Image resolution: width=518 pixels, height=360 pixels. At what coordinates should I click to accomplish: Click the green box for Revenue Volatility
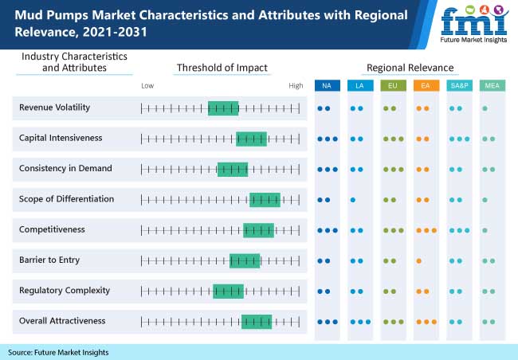tap(223, 108)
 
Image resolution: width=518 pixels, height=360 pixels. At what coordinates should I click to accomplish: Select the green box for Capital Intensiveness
tap(251, 138)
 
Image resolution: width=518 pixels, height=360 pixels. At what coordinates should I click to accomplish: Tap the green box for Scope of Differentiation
tap(265, 199)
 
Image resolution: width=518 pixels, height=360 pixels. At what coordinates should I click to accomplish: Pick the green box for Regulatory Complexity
tap(228, 291)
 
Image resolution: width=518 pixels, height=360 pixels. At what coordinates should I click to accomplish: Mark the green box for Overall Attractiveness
tap(257, 321)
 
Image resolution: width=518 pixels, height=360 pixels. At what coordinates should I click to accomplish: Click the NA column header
tap(327, 85)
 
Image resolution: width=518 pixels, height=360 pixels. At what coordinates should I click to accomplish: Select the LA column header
tap(360, 85)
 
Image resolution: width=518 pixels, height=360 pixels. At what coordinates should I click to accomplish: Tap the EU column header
tap(393, 85)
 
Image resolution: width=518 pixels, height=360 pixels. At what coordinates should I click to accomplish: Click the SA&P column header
tap(459, 85)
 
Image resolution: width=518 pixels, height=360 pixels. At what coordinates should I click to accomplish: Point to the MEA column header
tap(492, 85)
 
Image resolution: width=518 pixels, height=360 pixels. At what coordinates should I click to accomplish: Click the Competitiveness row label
tap(52, 229)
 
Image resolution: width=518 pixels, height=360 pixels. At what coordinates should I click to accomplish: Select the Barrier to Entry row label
tap(49, 260)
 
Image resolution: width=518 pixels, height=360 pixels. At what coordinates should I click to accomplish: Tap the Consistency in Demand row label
tap(65, 168)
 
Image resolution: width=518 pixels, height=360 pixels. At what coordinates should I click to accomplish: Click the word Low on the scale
tap(147, 85)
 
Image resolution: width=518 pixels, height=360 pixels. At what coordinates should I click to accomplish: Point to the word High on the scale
tap(296, 85)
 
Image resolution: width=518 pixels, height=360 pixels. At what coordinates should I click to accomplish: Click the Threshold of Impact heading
tap(222, 68)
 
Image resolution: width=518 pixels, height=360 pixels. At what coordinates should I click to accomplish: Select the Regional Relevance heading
tap(410, 68)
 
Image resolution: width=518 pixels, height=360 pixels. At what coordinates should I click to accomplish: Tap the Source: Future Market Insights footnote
tap(58, 351)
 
